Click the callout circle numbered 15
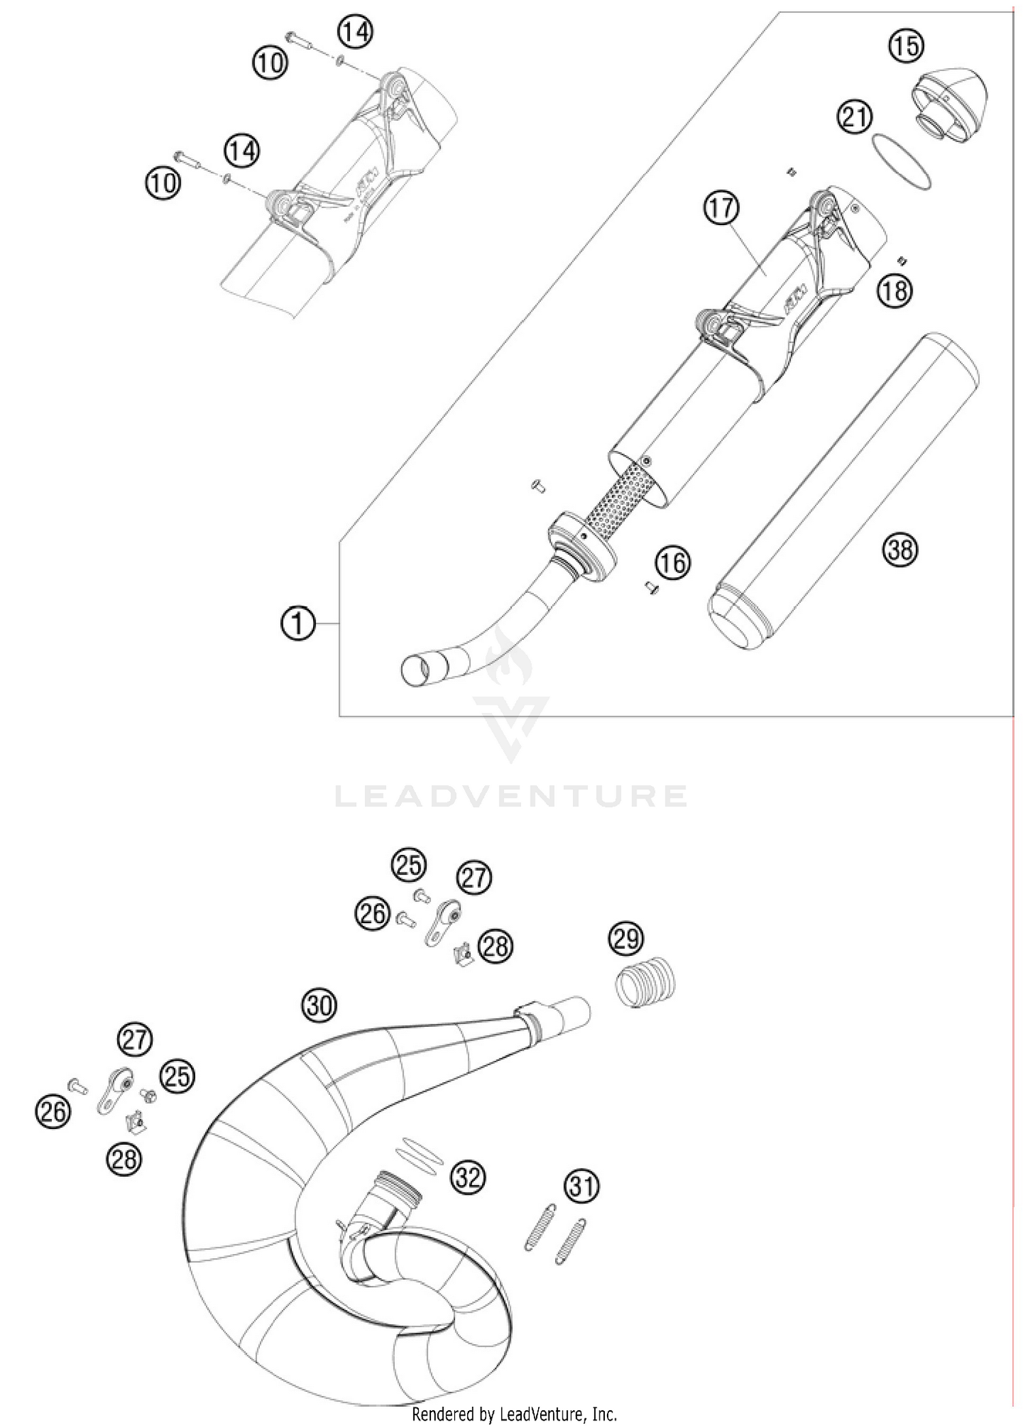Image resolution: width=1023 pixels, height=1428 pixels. pos(906,46)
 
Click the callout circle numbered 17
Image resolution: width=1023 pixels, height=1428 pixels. pos(722,207)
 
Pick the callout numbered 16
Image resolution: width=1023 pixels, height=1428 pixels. pos(673,563)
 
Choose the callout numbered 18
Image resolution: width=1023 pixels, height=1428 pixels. pos(894,290)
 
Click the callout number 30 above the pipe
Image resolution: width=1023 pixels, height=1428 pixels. pos(319,1006)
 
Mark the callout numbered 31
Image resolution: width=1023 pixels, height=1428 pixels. pos(581,1187)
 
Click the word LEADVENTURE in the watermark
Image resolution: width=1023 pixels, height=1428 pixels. pos(511,796)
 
